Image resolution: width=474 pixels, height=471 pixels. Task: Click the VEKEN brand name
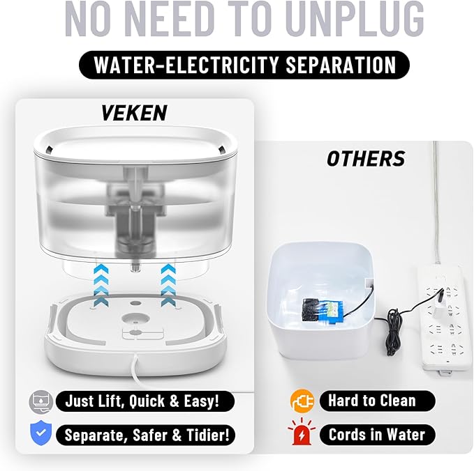[x=135, y=113]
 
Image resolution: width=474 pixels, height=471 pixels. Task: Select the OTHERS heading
[x=365, y=159]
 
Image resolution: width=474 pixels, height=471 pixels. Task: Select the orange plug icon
[x=298, y=401]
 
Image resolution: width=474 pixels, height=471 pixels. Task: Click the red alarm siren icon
[x=298, y=435]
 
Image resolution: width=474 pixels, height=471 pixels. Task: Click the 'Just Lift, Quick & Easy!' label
[x=142, y=401]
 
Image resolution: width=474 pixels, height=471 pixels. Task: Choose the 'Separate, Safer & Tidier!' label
[x=145, y=435]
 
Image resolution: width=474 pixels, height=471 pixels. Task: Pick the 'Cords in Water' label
[x=376, y=435]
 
